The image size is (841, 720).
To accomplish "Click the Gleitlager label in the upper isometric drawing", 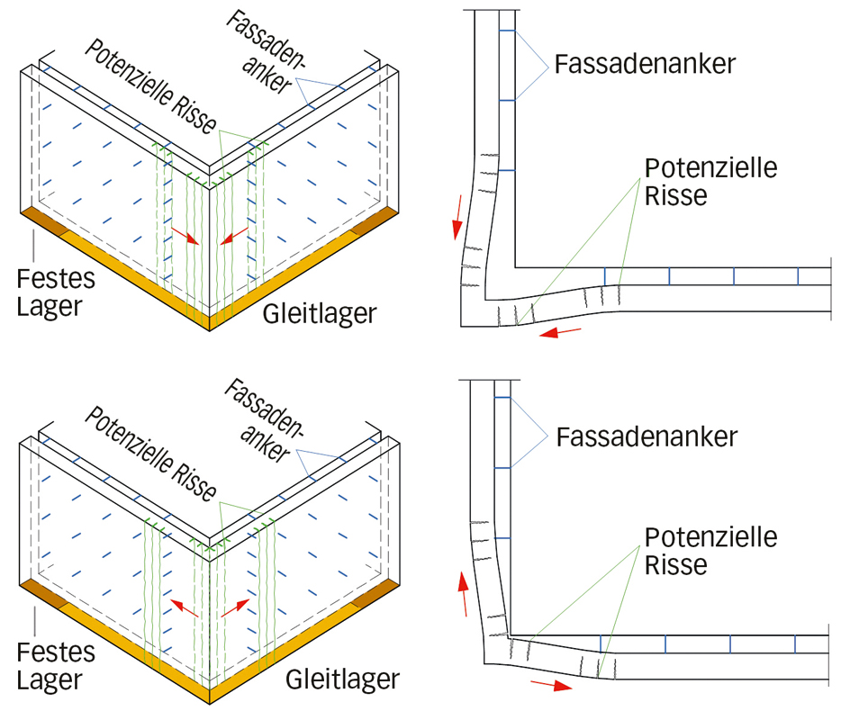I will pyautogui.click(x=320, y=314).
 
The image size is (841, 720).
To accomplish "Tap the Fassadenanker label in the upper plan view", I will pyautogui.click(x=646, y=65).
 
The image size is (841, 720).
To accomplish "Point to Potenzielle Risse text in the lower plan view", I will pyautogui.click(x=710, y=551).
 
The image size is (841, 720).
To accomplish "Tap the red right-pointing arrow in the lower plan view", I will pyautogui.click(x=550, y=685).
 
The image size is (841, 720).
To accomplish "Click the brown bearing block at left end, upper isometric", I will pyautogui.click(x=44, y=220).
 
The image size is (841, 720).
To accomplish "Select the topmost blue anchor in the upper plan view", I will pyautogui.click(x=505, y=32).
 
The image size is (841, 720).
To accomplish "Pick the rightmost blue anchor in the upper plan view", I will pyautogui.click(x=798, y=276).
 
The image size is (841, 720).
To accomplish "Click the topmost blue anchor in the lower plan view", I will pyautogui.click(x=503, y=397).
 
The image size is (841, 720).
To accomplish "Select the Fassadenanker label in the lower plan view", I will pyautogui.click(x=647, y=438).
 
